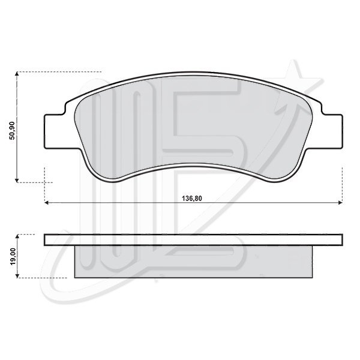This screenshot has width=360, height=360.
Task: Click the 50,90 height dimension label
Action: [x=12, y=130]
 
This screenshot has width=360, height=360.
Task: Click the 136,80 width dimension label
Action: [x=192, y=199]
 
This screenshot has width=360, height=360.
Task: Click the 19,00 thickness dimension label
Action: [x=13, y=256]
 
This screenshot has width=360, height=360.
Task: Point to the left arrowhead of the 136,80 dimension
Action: [x=47, y=203]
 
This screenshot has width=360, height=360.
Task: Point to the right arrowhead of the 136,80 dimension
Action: [x=340, y=203]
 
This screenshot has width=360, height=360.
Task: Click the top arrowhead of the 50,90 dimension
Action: [x=17, y=74]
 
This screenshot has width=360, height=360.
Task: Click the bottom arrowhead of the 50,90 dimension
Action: [x=17, y=180]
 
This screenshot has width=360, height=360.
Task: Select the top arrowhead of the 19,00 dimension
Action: [x=17, y=237]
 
